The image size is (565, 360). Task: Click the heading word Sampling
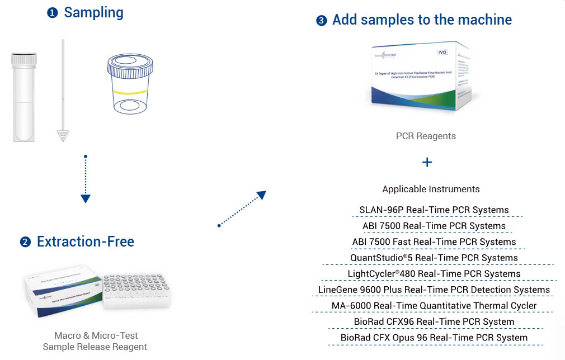pos(93,12)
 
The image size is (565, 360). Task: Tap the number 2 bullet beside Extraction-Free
pos(25,242)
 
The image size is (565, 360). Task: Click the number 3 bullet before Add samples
pos(321,21)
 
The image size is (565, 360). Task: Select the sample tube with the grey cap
pos(24,95)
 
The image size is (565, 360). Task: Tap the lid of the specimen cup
pos(129,66)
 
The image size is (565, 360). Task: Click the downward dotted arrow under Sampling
pos(85,179)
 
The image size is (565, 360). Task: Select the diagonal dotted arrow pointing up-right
pos(242,209)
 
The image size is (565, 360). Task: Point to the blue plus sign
pos(427,162)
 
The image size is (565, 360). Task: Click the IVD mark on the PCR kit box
pos(442,52)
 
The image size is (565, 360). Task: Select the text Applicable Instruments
pos(430,189)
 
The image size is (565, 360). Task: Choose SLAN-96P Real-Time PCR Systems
pos(434,210)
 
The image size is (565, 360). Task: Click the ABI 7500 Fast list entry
pos(434,242)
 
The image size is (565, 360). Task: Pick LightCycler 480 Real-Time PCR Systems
pos(434,274)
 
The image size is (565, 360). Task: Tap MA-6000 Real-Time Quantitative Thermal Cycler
pos(434,306)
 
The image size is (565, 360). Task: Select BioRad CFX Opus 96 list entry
pos(434,338)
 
